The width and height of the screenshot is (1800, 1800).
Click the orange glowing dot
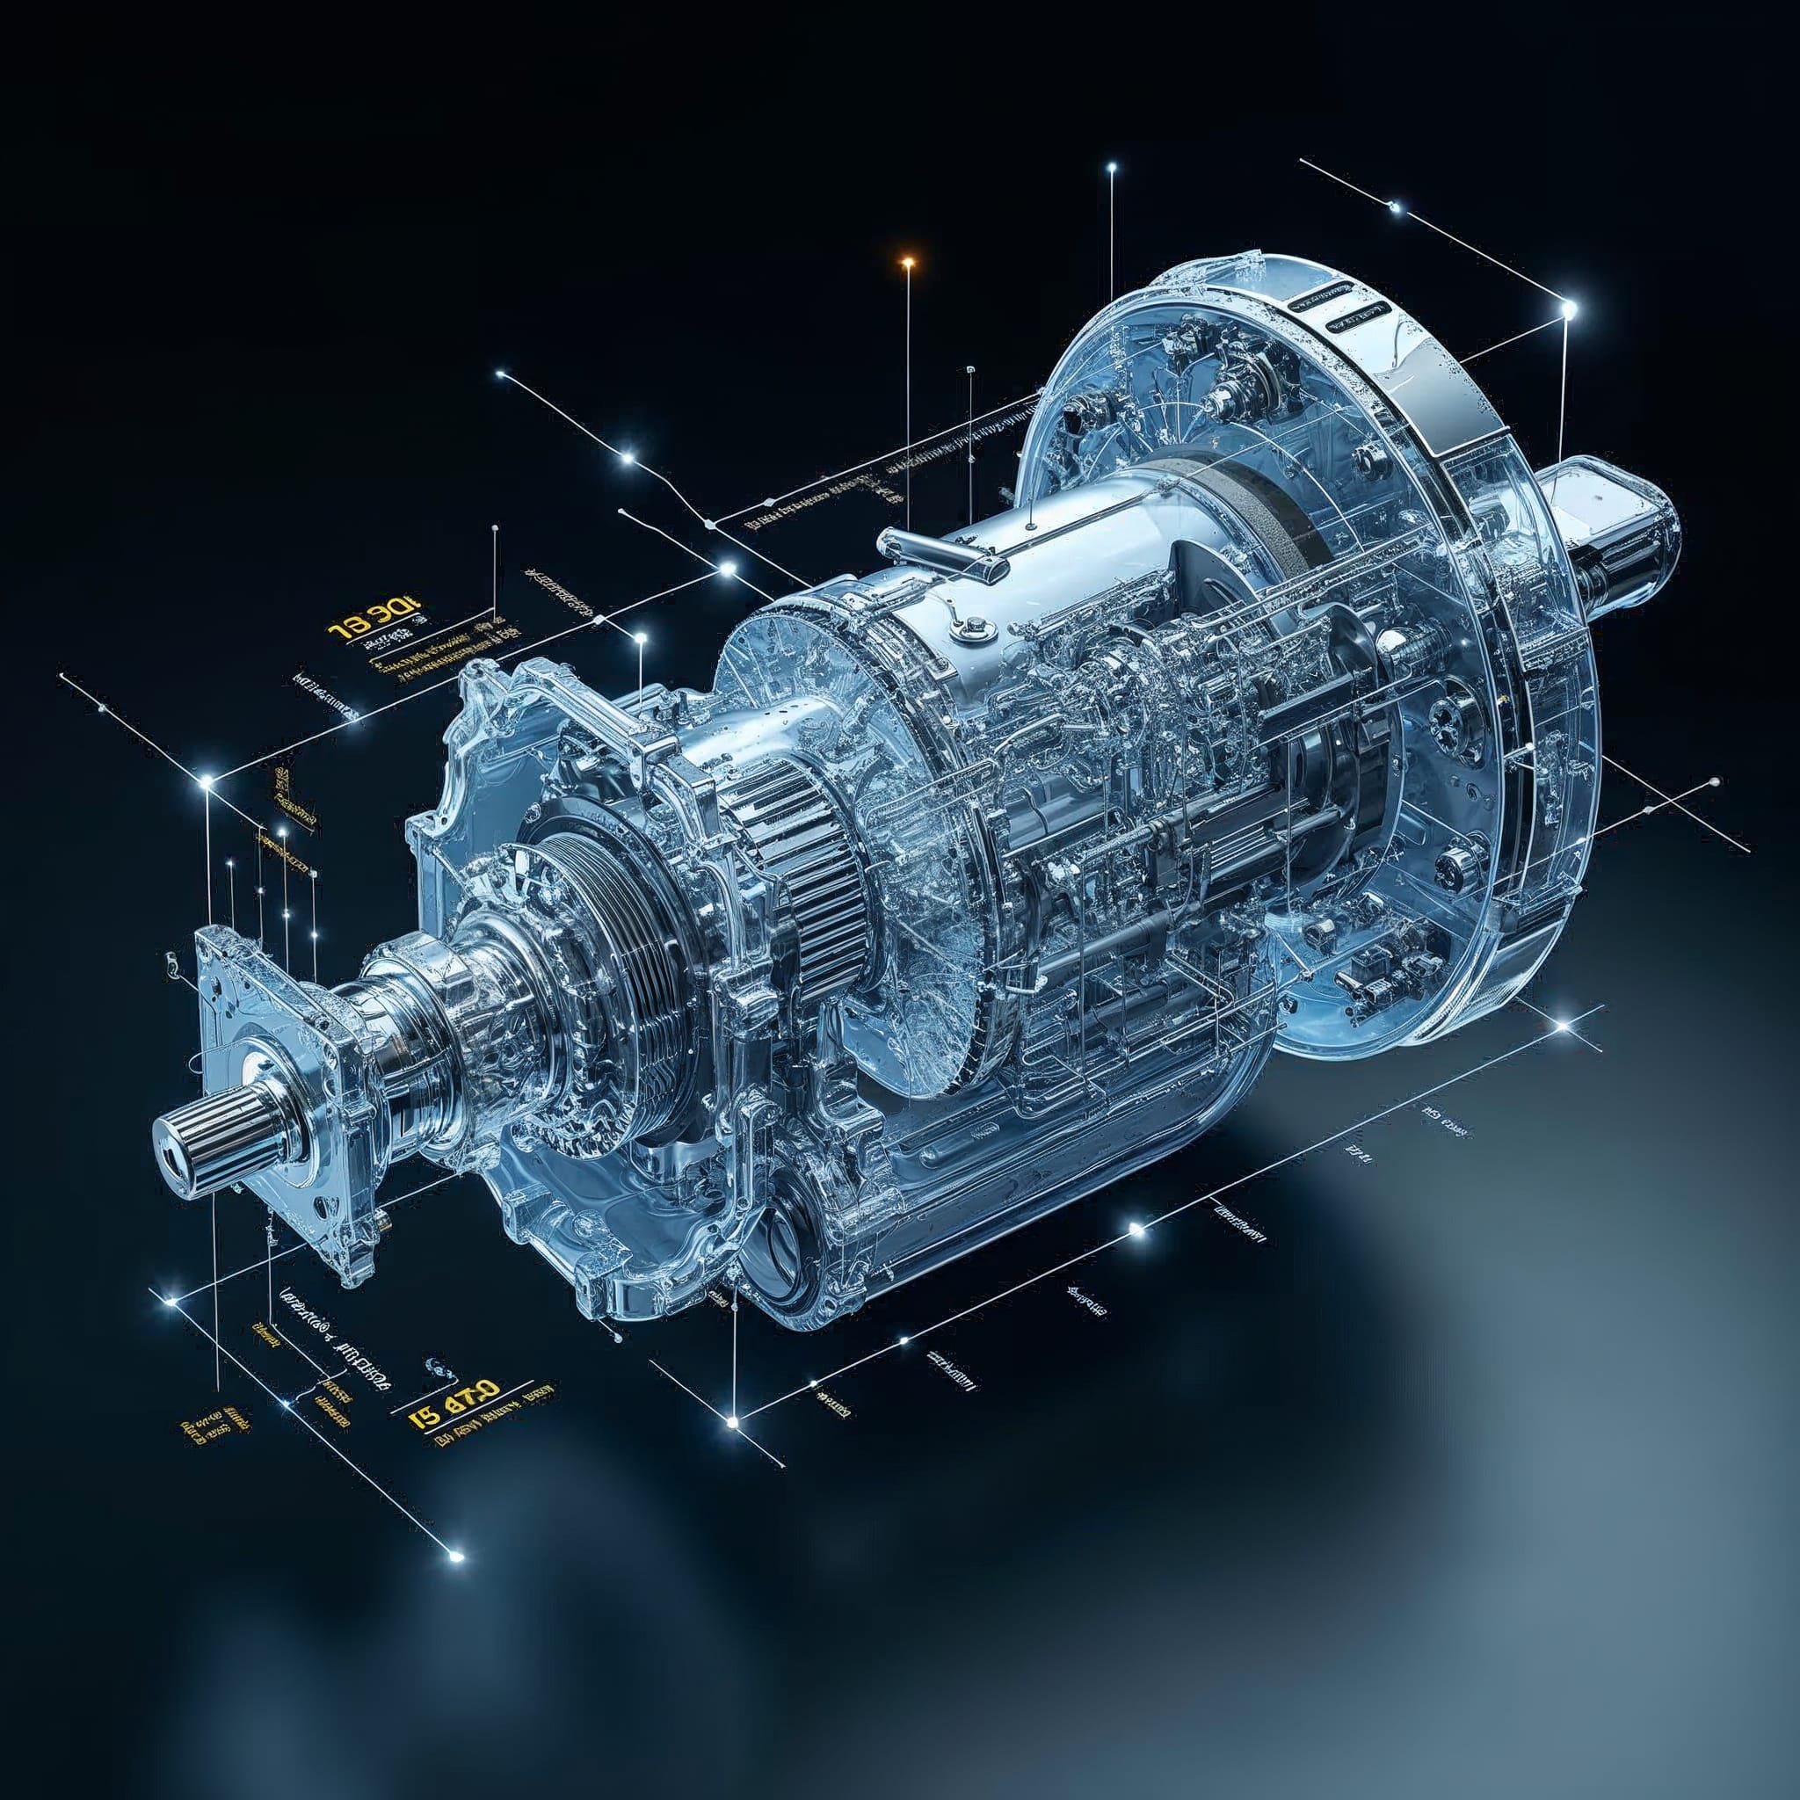(906, 263)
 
